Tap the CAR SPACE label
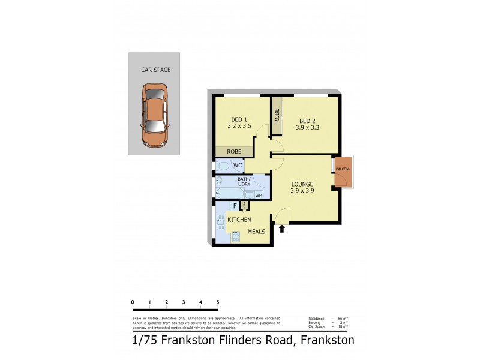coord(155,70)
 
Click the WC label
coord(238,165)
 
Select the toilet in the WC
coord(222,165)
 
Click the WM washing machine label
coord(259,195)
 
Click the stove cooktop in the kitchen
coord(236,236)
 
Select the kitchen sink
coord(220,223)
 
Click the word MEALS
coord(256,232)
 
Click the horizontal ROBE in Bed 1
coord(234,151)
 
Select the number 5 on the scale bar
coord(218,302)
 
